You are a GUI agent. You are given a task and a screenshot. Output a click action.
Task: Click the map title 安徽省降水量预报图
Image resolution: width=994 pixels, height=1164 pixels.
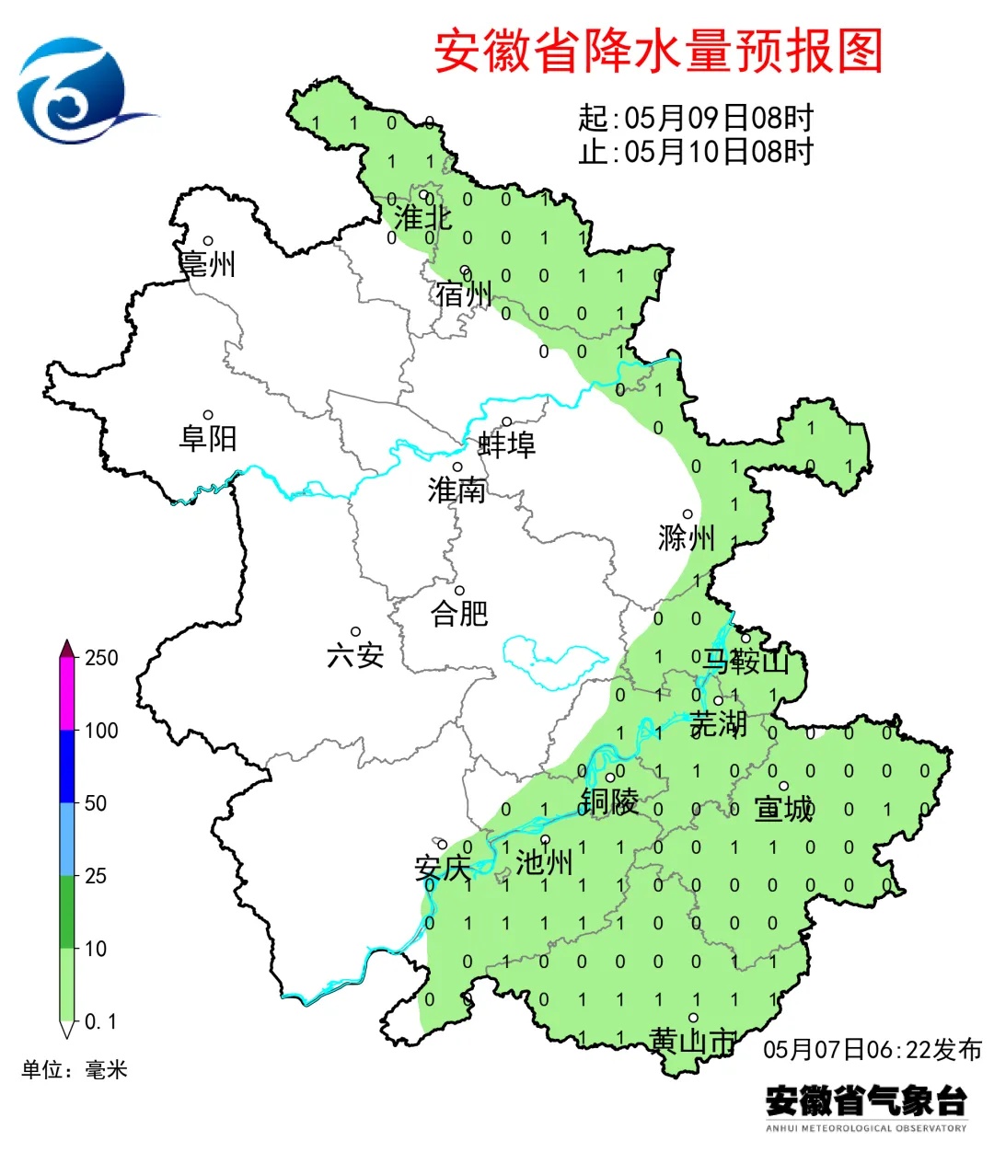pos(658,52)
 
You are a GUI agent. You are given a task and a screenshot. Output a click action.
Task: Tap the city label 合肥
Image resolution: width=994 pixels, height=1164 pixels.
pos(459,613)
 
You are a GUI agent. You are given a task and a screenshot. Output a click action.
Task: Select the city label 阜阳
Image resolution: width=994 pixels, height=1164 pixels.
pos(208,437)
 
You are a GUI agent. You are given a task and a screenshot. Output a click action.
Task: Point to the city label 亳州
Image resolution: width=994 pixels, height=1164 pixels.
pos(208,264)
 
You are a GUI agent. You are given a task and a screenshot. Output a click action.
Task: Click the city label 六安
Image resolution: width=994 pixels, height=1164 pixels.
pos(355,655)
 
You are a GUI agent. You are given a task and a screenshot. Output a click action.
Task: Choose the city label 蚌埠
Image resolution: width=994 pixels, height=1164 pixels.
pos(506,444)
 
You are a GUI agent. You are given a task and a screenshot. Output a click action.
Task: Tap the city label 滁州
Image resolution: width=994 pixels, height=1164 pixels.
pos(687,537)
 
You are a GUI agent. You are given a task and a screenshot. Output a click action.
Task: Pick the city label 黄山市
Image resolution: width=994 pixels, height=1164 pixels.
pos(693,1041)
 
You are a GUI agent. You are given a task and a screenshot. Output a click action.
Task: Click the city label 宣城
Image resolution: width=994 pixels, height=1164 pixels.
pos(784,809)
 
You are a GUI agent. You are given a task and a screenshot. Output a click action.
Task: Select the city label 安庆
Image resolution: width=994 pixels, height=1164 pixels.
pos(443,867)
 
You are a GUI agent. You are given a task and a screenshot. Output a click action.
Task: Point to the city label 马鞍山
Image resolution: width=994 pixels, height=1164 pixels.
pos(746,661)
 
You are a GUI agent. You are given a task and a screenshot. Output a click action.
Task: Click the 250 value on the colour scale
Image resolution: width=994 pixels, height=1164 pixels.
pos(101,658)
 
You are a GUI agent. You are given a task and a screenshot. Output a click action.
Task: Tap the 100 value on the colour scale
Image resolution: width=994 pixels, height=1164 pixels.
pos(101,731)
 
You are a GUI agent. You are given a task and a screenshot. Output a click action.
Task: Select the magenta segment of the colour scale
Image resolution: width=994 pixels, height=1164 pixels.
pos(67,695)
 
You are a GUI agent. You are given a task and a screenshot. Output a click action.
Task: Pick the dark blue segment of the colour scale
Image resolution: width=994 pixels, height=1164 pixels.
pos(67,766)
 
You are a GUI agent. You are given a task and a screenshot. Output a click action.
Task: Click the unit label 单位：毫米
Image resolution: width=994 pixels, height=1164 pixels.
pos(75,1069)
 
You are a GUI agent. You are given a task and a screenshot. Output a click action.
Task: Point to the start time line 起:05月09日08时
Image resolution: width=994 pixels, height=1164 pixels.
pos(696,119)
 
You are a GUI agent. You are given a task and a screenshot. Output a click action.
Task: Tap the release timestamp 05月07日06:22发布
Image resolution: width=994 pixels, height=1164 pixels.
pos(873,1049)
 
